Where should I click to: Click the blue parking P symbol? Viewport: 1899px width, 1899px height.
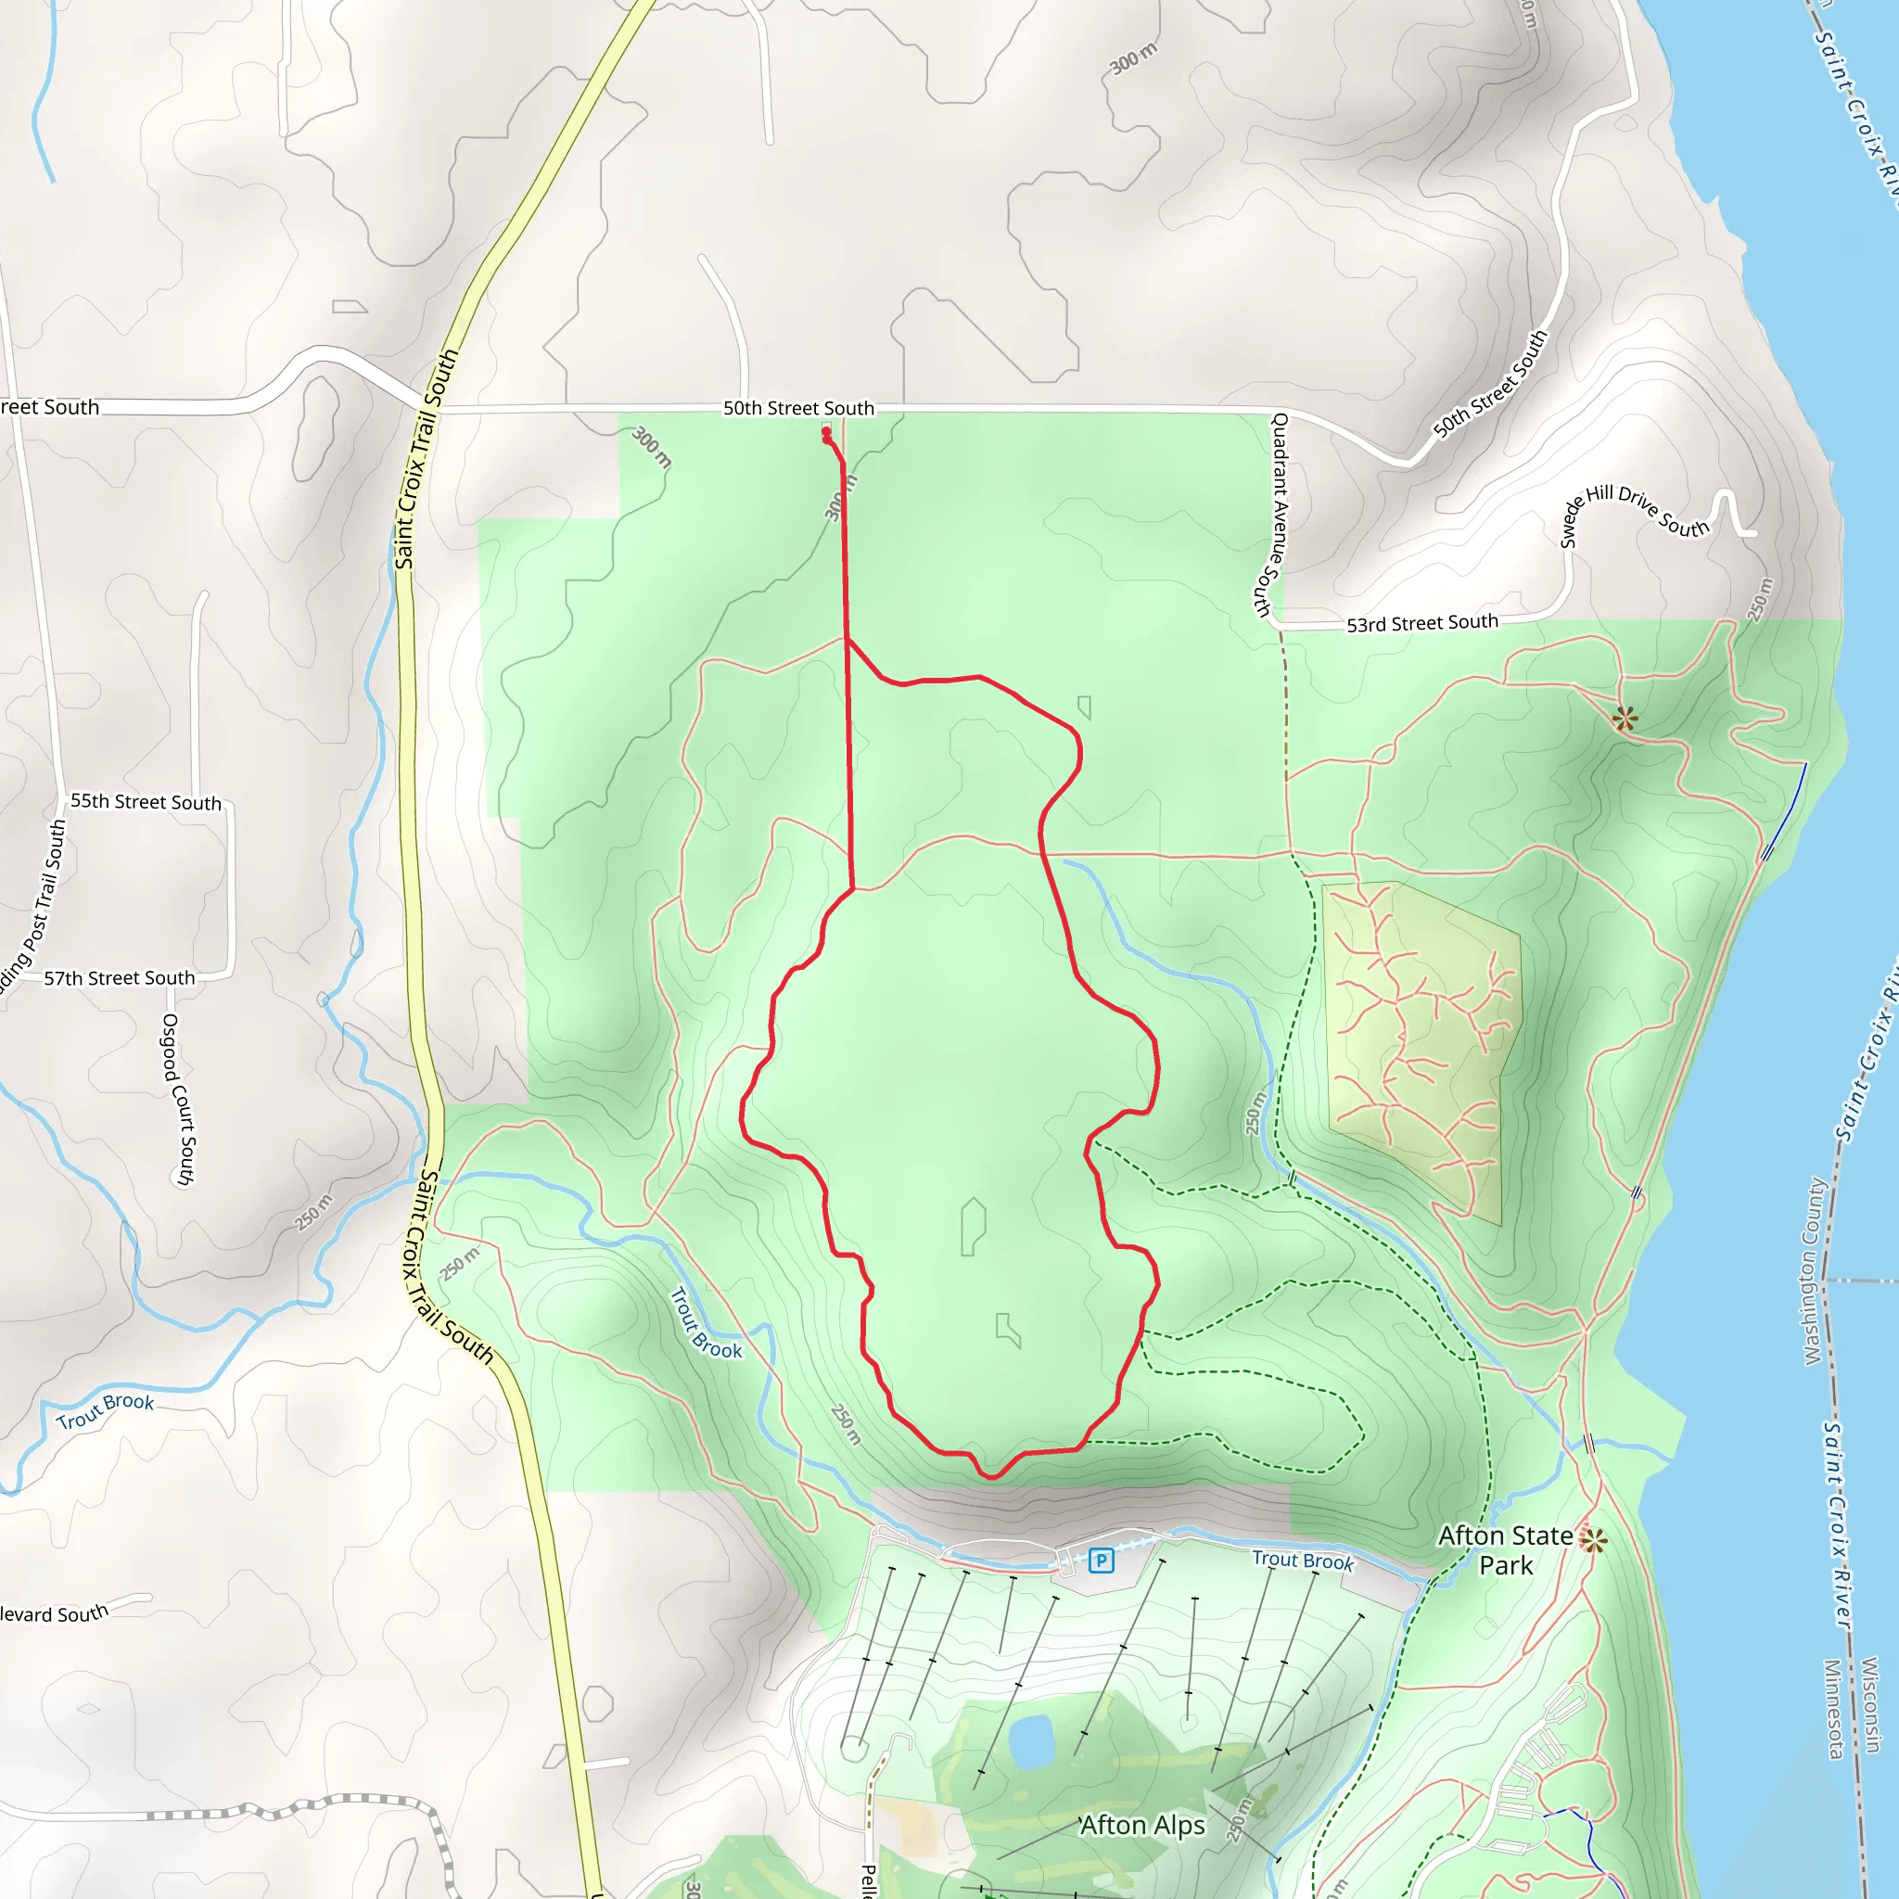[x=1101, y=1560]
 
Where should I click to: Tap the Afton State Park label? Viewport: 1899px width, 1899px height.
[x=1505, y=1550]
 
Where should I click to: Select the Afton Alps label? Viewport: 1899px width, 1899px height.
[x=1142, y=1825]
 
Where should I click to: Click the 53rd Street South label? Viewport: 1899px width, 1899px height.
[x=1421, y=623]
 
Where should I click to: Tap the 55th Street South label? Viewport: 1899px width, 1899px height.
[x=146, y=802]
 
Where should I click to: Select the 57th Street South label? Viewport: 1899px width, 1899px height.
[x=119, y=978]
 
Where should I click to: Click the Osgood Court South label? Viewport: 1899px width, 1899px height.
[x=178, y=1100]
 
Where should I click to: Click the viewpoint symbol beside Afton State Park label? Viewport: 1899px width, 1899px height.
[x=1593, y=1540]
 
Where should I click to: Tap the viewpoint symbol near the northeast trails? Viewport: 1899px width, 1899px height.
[x=1625, y=719]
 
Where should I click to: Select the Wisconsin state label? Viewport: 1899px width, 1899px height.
[x=1870, y=1704]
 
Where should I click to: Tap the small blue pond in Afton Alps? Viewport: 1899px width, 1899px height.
[x=1031, y=1740]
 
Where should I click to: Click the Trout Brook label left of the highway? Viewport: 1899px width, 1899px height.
[x=105, y=1410]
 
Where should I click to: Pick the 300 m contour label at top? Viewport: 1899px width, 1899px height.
[x=1133, y=59]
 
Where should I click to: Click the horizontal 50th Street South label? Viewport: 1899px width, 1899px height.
[x=798, y=408]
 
